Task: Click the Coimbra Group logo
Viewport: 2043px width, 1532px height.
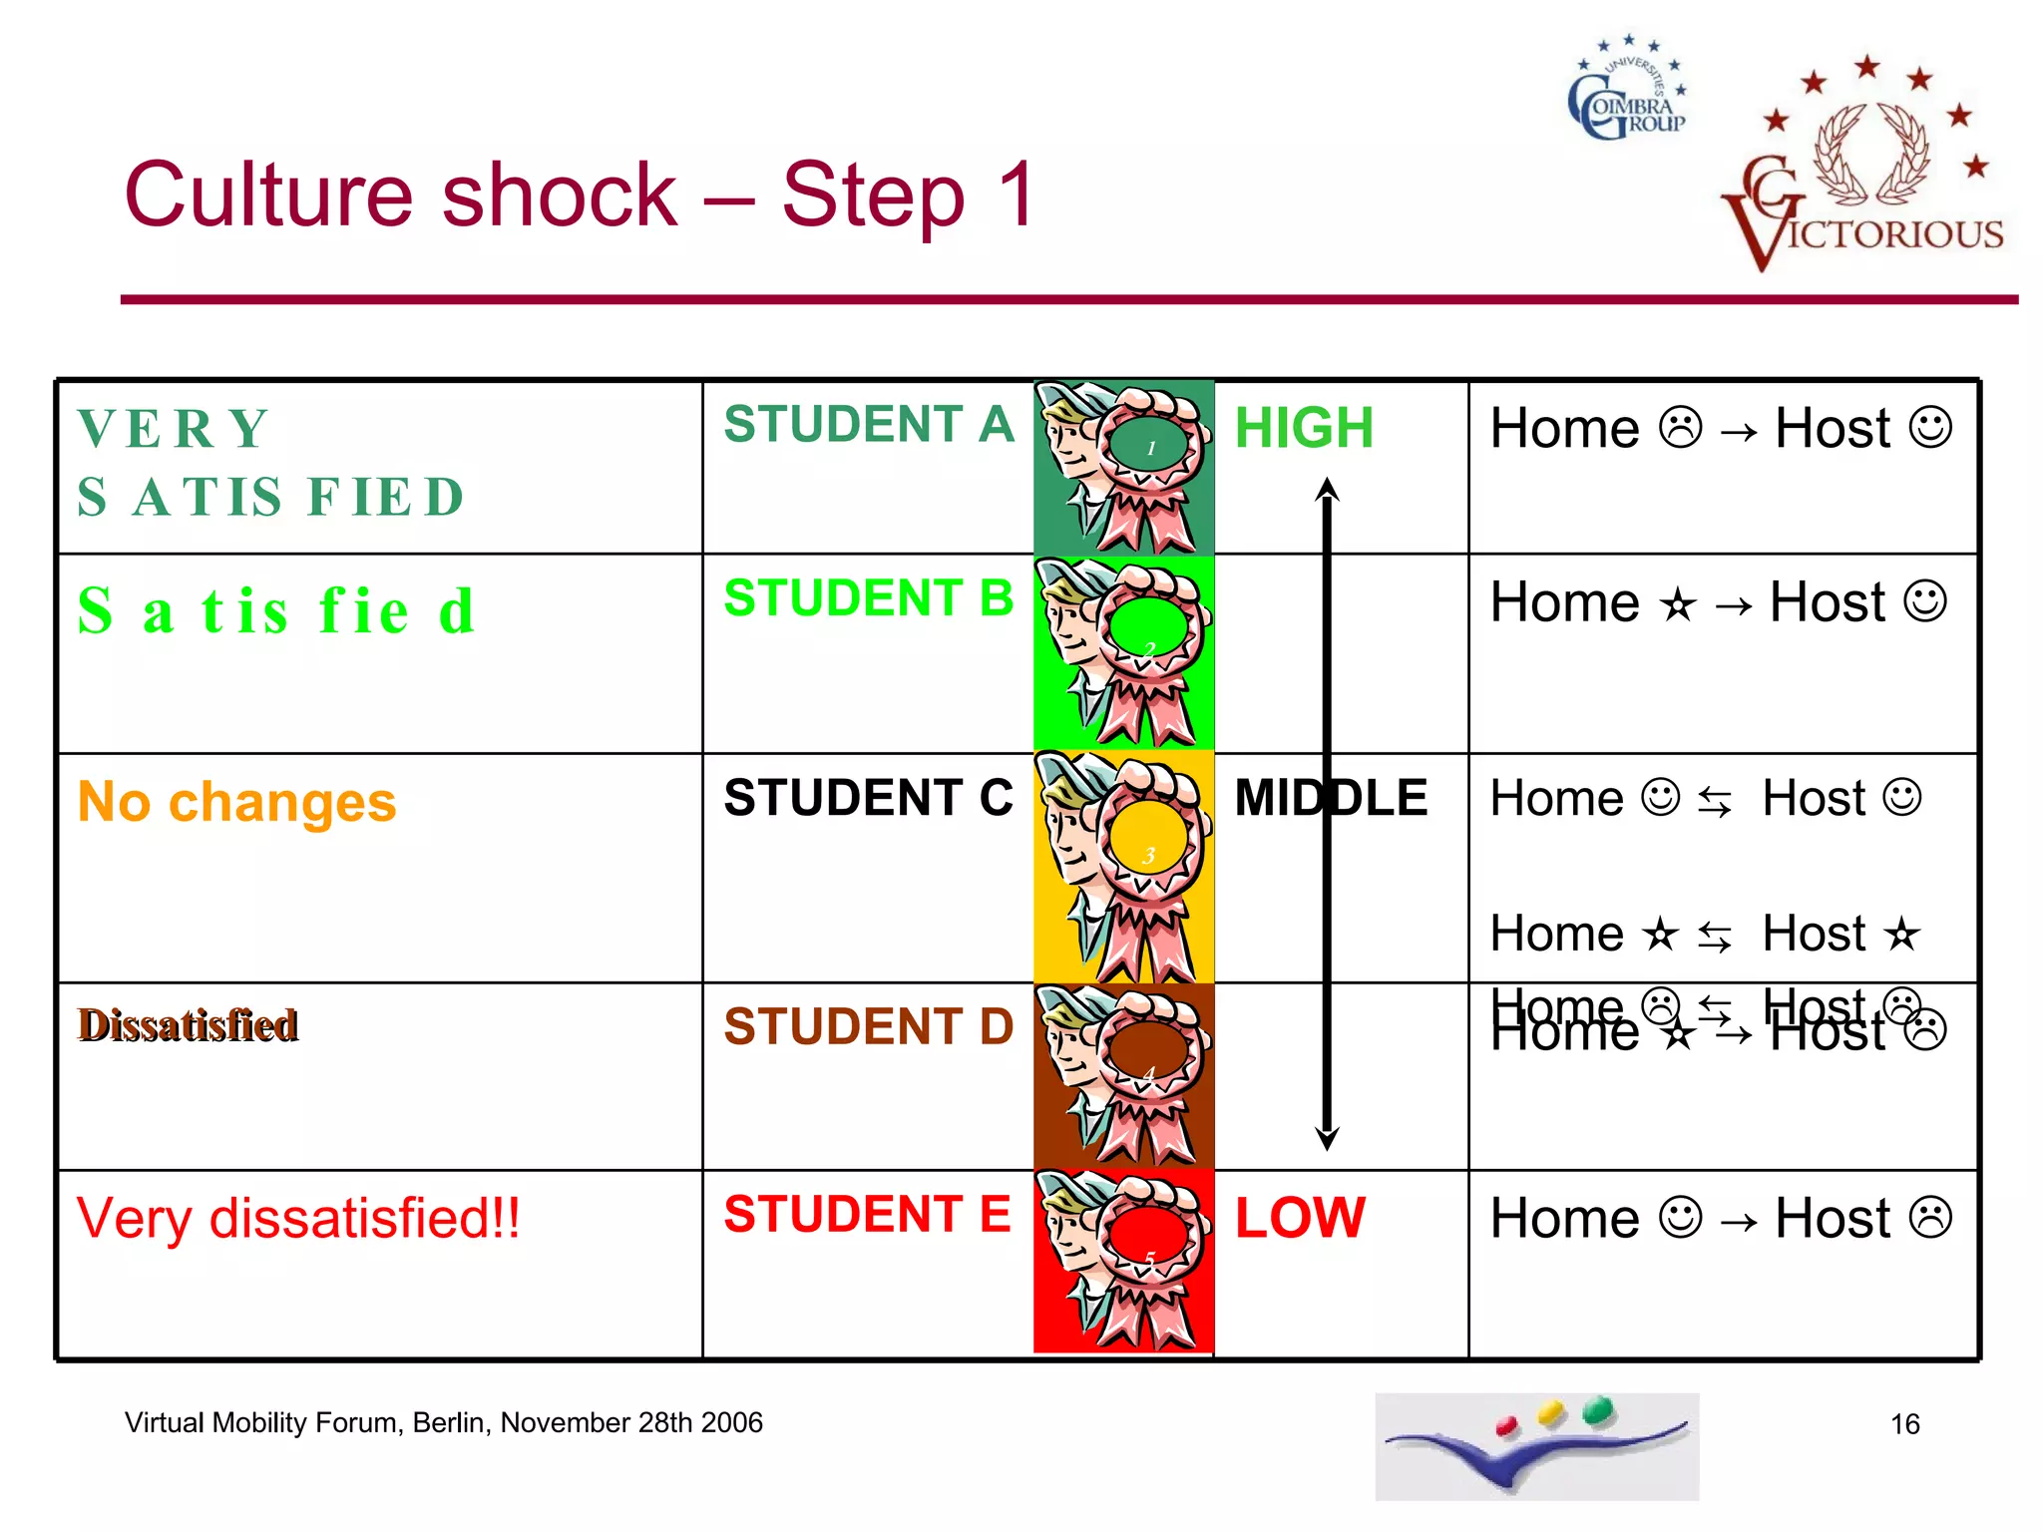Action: [x=1628, y=90]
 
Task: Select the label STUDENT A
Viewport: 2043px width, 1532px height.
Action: [x=868, y=424]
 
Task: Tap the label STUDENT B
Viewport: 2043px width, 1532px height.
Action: [x=868, y=598]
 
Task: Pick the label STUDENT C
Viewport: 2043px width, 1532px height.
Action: [x=868, y=798]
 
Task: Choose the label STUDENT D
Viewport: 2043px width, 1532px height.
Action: [x=868, y=1026]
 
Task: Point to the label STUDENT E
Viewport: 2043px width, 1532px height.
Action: [x=868, y=1214]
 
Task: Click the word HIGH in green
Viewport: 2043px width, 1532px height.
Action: [x=1304, y=428]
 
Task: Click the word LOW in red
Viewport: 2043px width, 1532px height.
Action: [x=1300, y=1218]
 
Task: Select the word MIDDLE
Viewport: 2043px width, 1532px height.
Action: [x=1331, y=798]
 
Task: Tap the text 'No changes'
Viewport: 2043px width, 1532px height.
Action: [x=237, y=802]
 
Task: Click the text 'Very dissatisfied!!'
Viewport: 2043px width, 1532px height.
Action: [x=298, y=1219]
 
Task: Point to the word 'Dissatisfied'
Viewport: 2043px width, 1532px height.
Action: [x=189, y=1025]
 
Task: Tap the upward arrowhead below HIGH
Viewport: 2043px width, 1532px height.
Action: [x=1327, y=489]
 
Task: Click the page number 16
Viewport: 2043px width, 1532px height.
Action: [x=1904, y=1424]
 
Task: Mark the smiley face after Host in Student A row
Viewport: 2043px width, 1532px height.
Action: [x=1930, y=428]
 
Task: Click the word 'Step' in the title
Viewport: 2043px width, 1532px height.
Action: [x=873, y=195]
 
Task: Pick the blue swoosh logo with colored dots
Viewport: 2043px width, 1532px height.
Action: [x=1536, y=1446]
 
